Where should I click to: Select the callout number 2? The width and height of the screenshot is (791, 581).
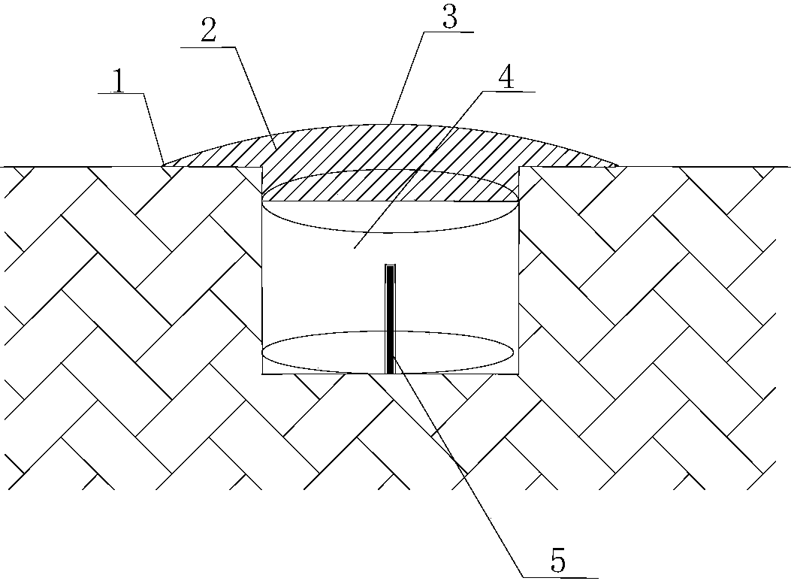pyautogui.click(x=208, y=32)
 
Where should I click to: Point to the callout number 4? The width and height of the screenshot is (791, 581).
pyautogui.click(x=506, y=77)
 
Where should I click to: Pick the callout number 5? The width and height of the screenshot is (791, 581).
pyautogui.click(x=558, y=560)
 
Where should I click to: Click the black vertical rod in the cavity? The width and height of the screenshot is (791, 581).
pyautogui.click(x=391, y=319)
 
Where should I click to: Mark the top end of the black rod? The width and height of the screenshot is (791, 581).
pyautogui.click(x=391, y=265)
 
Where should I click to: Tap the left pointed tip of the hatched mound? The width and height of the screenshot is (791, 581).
pyautogui.click(x=163, y=165)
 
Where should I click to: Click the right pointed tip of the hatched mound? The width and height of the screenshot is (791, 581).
pyautogui.click(x=618, y=165)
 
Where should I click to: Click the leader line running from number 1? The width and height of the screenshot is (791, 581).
pyautogui.click(x=153, y=129)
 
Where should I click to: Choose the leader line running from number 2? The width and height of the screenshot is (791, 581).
pyautogui.click(x=255, y=97)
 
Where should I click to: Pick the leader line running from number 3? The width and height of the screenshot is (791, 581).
pyautogui.click(x=407, y=78)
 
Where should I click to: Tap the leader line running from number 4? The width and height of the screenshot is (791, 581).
pyautogui.click(x=418, y=170)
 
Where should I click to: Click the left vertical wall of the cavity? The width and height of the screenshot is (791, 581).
pyautogui.click(x=262, y=270)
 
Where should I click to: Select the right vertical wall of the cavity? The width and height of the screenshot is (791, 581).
pyautogui.click(x=519, y=270)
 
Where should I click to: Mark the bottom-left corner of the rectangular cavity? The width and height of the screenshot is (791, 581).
pyautogui.click(x=262, y=374)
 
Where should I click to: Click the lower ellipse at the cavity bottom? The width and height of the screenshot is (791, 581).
pyautogui.click(x=388, y=373)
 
